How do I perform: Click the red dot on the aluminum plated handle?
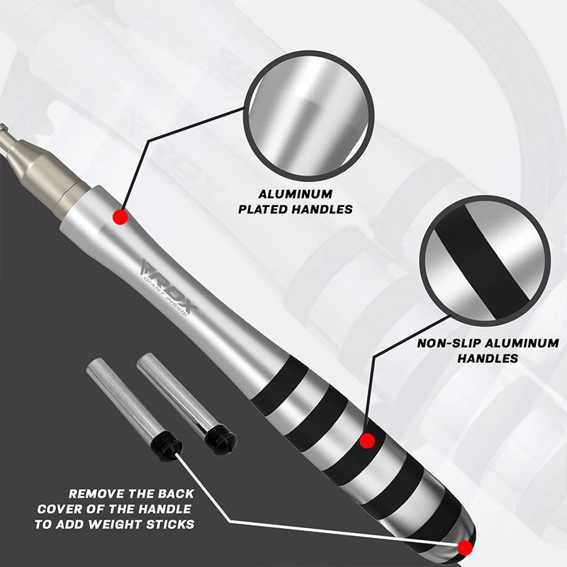click(x=120, y=217)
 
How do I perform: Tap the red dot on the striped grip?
click(x=367, y=441)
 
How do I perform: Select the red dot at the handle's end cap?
click(x=465, y=548)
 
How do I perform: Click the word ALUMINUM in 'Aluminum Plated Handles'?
click(x=296, y=194)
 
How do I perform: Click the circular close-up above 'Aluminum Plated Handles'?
click(x=308, y=116)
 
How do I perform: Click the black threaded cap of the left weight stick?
click(x=167, y=447)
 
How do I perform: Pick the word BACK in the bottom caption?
click(x=176, y=493)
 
